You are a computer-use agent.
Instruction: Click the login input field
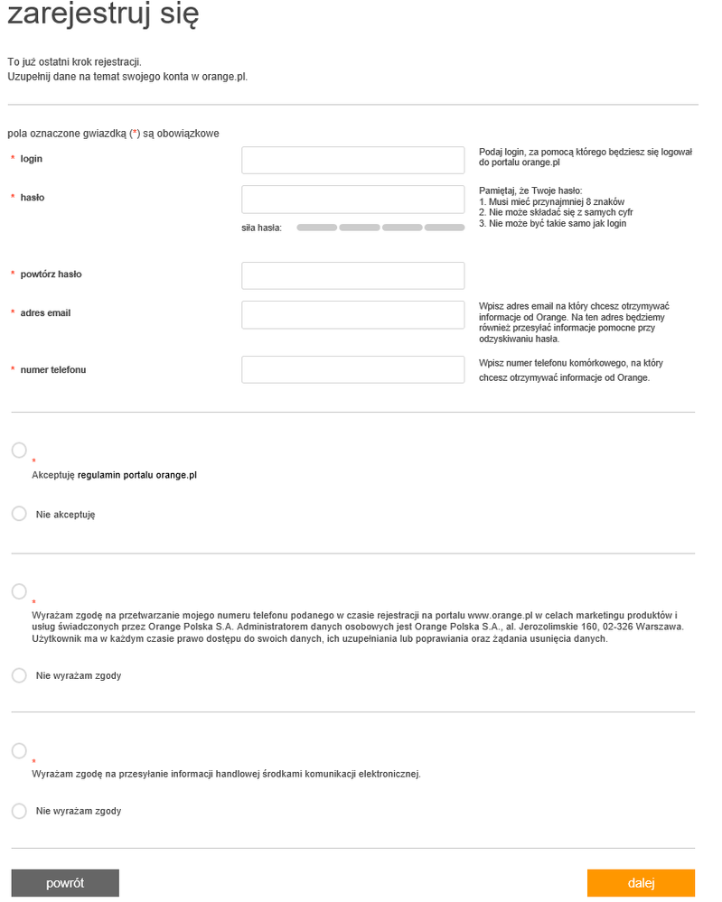coord(352,161)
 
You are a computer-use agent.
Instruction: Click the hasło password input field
coord(352,199)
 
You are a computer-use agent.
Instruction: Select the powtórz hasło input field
coord(352,275)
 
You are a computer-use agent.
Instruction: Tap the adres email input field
coord(352,314)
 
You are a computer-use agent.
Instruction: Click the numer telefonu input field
coord(352,370)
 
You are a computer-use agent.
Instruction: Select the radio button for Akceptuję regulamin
coord(19,450)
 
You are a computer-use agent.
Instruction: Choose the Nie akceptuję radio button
coord(19,514)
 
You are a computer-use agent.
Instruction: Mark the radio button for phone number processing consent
coord(19,591)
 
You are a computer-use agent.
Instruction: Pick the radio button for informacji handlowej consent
coord(19,751)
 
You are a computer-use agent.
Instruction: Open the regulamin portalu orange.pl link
coord(137,475)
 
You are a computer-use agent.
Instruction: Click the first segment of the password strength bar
coord(316,228)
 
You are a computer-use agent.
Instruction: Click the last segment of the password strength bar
coord(445,228)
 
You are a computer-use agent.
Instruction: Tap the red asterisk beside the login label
coord(13,159)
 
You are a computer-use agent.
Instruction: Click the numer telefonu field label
coord(53,369)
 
